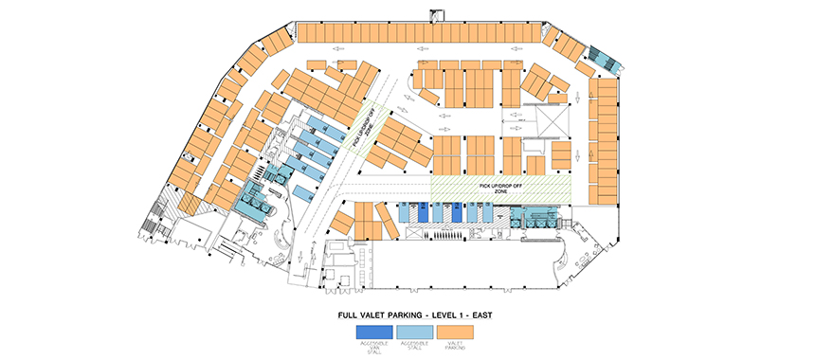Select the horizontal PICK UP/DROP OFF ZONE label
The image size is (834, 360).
pos(500,188)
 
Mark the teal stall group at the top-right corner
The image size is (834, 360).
pos(602,59)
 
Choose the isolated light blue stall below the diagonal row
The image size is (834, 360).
pos(301,192)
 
